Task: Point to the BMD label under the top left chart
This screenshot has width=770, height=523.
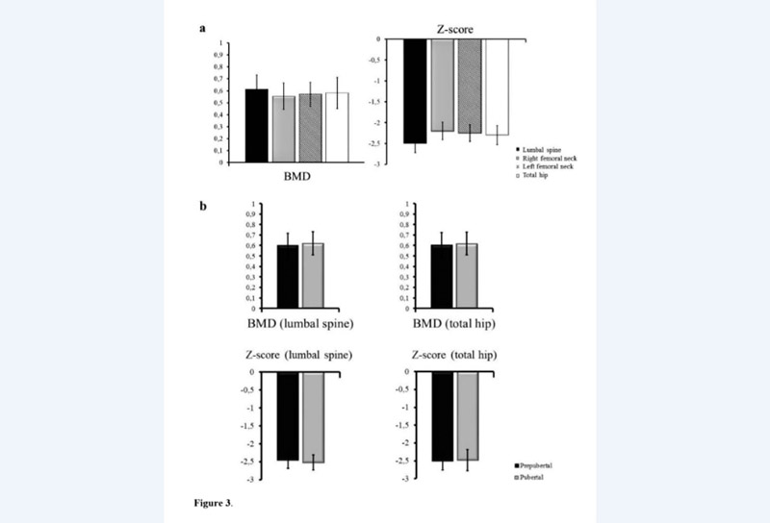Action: [296, 179]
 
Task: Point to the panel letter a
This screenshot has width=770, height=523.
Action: [203, 29]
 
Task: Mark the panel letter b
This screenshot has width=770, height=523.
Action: [203, 206]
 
